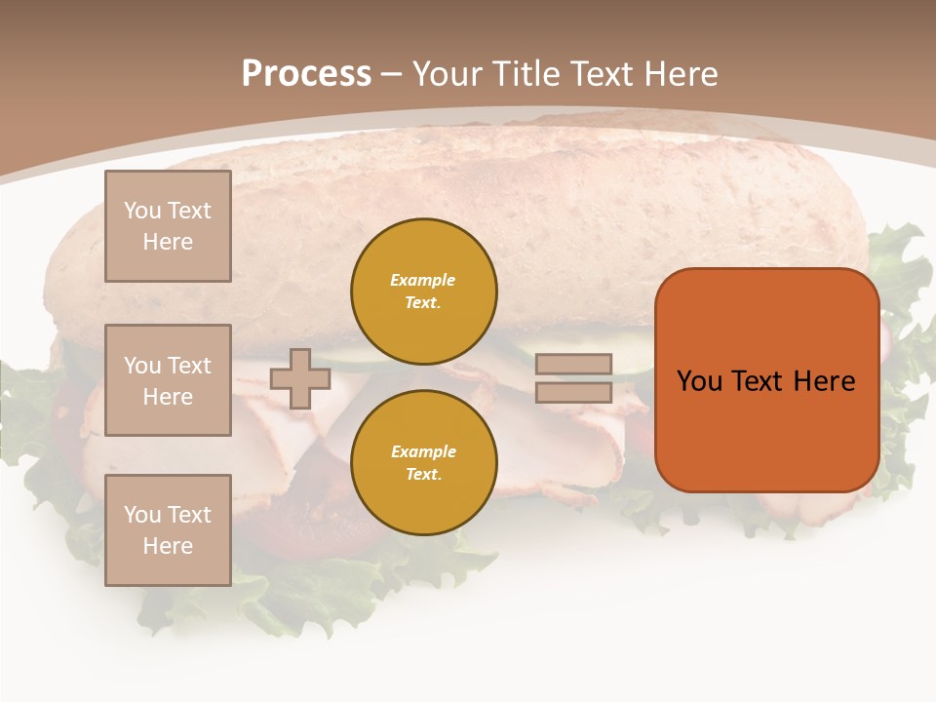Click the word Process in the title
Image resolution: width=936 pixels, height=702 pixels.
[306, 73]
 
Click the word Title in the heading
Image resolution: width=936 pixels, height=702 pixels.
[527, 73]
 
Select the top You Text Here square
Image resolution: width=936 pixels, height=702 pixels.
[168, 226]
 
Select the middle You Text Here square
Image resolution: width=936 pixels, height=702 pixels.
[168, 380]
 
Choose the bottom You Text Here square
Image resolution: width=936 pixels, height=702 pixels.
[168, 529]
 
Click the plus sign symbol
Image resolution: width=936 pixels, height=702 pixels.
[300, 378]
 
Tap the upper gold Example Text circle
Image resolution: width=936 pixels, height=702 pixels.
[423, 292]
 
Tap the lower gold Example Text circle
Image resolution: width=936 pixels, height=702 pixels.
[423, 463]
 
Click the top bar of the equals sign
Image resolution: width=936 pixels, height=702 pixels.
[573, 365]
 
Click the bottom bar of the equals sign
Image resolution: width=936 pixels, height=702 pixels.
[573, 392]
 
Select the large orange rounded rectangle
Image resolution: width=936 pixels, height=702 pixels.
[766, 429]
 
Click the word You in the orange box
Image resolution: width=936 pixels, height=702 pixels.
[699, 381]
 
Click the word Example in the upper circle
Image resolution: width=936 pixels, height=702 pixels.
[423, 280]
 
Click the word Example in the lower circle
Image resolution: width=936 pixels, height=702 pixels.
[423, 451]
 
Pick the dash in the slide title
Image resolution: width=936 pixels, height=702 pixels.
[391, 74]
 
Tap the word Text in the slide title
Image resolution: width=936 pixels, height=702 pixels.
[604, 73]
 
